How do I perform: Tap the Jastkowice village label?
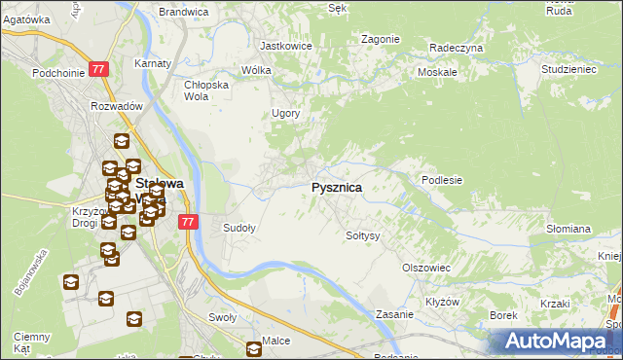pyautogui.click(x=284, y=45)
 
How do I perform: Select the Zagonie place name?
pyautogui.click(x=381, y=39)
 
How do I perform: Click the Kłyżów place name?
pyautogui.click(x=442, y=302)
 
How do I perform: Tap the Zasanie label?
pyautogui.click(x=395, y=314)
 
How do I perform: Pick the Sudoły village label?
pyautogui.click(x=239, y=228)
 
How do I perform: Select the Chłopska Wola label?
pyautogui.click(x=205, y=90)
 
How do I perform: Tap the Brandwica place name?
pyautogui.click(x=184, y=12)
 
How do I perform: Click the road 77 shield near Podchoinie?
pyautogui.click(x=98, y=69)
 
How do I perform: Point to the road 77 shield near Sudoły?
pyautogui.click(x=189, y=222)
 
